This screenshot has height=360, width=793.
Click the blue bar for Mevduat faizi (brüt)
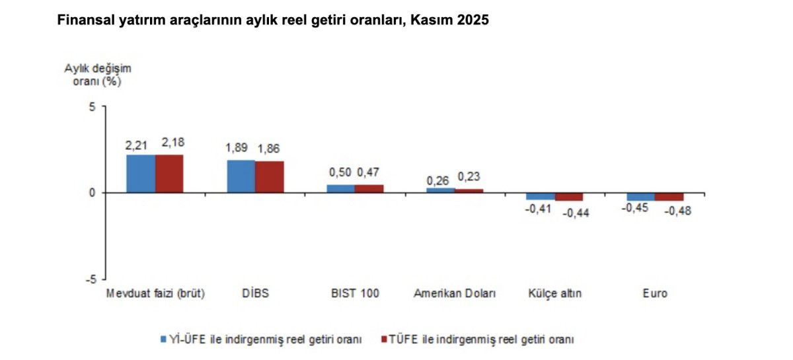[x=141, y=173]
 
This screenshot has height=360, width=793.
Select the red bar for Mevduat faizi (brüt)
[x=169, y=173]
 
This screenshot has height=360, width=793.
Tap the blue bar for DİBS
[x=241, y=176]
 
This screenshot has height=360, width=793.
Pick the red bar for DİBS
[x=269, y=176]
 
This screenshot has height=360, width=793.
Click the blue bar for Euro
[x=640, y=196]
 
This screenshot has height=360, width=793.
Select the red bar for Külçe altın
[x=569, y=196]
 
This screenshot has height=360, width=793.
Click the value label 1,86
[x=268, y=149]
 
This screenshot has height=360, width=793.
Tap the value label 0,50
[x=340, y=172]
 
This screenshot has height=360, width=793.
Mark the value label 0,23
[x=468, y=176]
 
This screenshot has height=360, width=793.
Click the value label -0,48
[x=677, y=211]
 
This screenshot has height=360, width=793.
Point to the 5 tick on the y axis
[x=93, y=107]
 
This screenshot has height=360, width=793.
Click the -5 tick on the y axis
[x=91, y=279]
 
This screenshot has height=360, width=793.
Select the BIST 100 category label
[x=356, y=293]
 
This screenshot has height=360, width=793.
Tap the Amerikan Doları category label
[x=454, y=293]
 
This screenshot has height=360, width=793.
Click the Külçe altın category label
[x=554, y=293]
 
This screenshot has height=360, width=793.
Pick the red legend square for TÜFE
[x=383, y=339]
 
